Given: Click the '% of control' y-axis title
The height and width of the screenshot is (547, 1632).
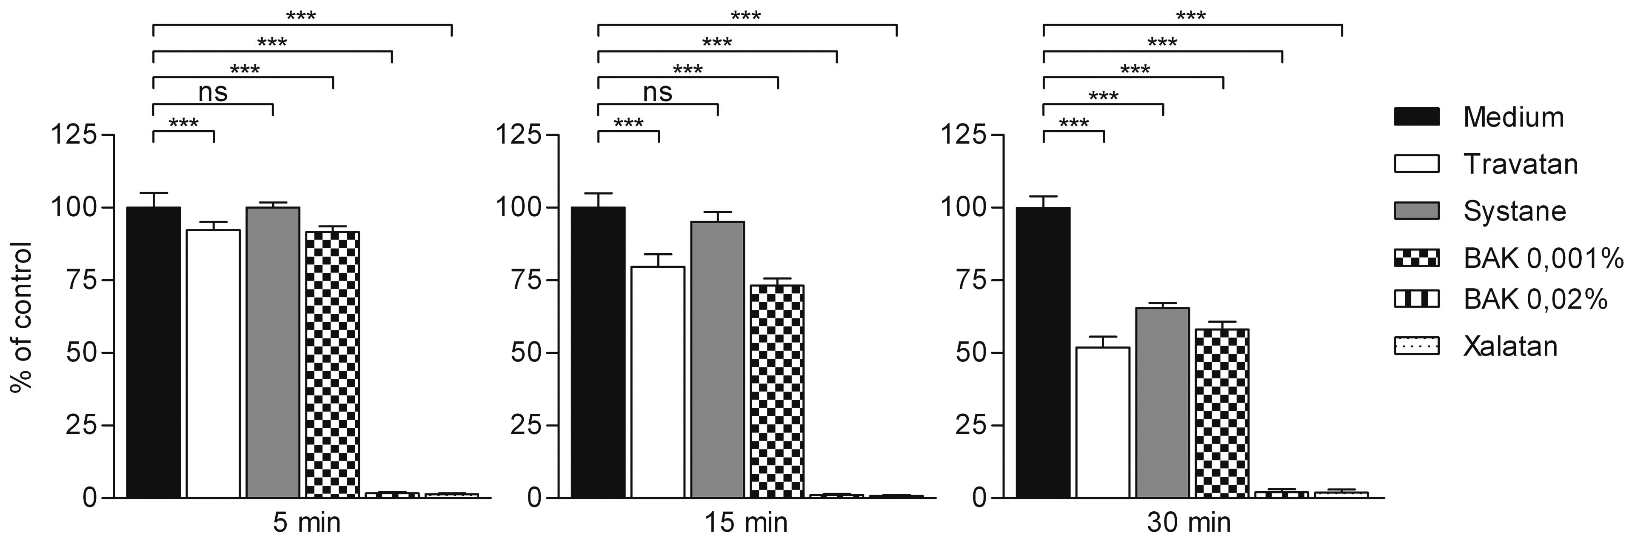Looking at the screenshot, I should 20,317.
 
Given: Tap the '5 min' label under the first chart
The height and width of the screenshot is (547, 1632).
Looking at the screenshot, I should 307,523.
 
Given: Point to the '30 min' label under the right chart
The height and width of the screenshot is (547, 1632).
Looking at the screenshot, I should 1189,523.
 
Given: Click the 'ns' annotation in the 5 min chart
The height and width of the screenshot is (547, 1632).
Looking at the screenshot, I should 213,92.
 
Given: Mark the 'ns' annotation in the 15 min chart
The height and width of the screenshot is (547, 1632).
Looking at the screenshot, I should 658,92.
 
